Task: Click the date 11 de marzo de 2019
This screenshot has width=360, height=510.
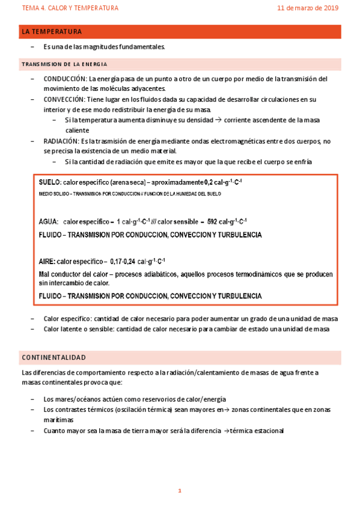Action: click(308, 8)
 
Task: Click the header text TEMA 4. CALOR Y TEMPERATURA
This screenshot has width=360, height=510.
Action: click(70, 8)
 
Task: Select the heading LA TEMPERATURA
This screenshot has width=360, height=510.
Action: click(51, 31)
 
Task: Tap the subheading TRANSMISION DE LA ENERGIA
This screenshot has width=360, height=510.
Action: click(64, 64)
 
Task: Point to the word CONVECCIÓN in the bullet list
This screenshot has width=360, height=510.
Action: click(64, 99)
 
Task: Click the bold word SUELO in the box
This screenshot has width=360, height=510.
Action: click(49, 182)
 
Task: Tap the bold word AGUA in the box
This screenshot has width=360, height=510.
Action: click(48, 221)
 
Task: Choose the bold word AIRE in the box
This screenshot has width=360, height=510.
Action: click(47, 261)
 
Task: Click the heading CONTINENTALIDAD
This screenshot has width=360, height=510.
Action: click(53, 357)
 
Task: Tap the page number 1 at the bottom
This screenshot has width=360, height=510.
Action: click(179, 491)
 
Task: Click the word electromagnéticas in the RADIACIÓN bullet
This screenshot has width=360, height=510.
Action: click(215, 141)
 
